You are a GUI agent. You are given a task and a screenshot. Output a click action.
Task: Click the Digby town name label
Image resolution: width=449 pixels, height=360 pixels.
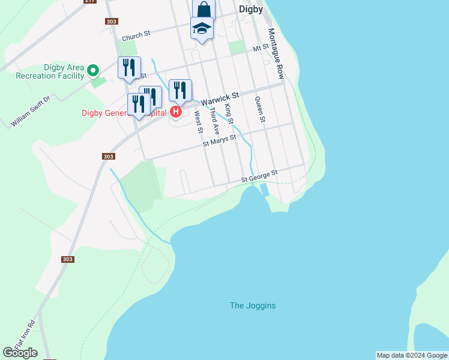pyautogui.click(x=251, y=9)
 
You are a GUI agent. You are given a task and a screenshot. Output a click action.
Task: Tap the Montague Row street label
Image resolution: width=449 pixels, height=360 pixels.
pyautogui.click(x=276, y=53)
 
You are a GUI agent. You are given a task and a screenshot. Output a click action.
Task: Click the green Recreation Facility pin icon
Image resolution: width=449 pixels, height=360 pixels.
pyautogui.click(x=93, y=71)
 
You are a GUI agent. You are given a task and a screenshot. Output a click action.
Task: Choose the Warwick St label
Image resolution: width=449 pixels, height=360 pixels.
pyautogui.click(x=220, y=98)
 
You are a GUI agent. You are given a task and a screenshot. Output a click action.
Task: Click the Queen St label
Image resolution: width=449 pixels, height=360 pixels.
pyautogui.click(x=260, y=110)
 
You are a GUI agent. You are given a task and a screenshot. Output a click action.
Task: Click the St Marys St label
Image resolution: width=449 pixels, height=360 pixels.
pyautogui.click(x=219, y=140)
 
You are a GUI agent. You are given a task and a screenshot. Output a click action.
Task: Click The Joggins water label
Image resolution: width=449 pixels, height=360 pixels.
pyautogui.click(x=253, y=305)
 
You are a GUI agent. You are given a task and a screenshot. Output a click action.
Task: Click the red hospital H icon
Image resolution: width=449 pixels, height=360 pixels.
pyautogui.click(x=176, y=112)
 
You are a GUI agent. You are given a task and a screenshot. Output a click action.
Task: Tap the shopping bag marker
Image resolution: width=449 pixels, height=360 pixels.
pyautogui.click(x=203, y=10)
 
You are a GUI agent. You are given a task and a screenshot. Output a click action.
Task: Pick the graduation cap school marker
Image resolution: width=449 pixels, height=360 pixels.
pyautogui.click(x=202, y=28)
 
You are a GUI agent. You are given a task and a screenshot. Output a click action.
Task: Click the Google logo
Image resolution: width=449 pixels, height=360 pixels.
pyautogui.click(x=20, y=353)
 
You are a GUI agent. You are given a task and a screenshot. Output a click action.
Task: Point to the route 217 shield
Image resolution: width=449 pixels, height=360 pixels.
pyautogui.click(x=90, y=1)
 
